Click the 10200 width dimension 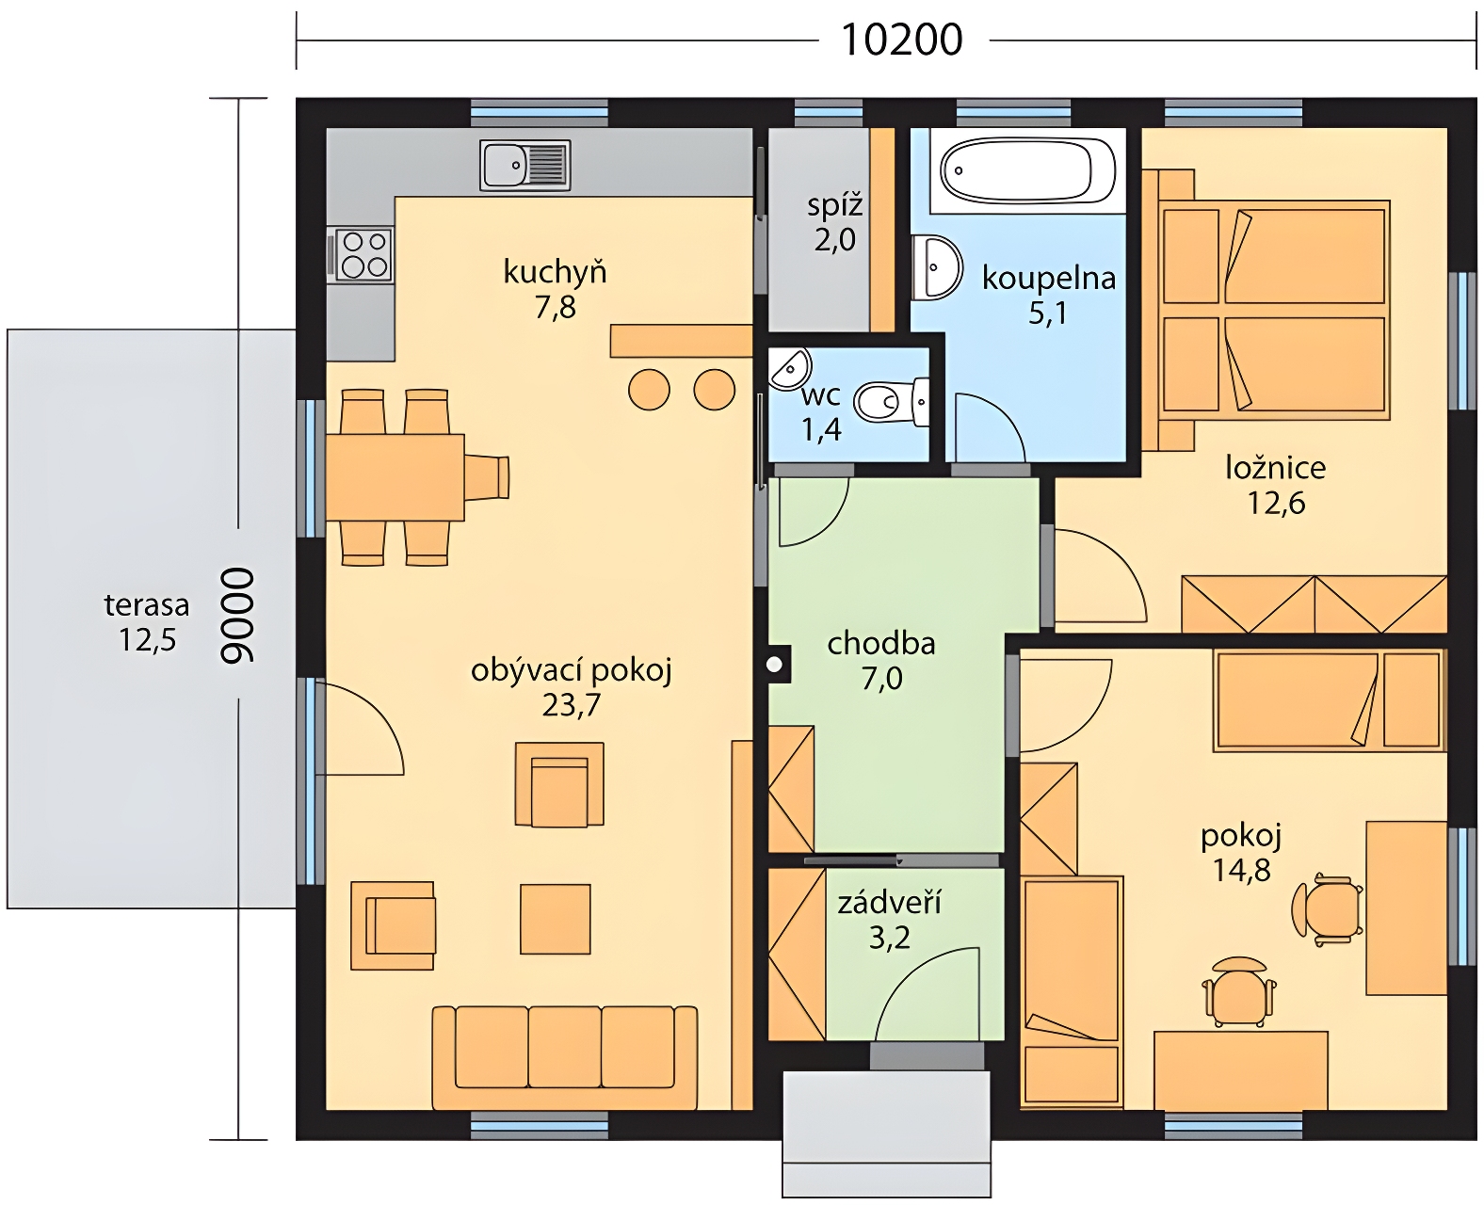pos(902,40)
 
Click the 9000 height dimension pos(237,615)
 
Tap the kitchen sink pos(524,165)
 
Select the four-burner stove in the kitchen pos(363,255)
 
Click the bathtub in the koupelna pos(1027,170)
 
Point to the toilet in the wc pos(891,402)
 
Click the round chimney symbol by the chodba pos(774,665)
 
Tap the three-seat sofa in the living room pos(564,1057)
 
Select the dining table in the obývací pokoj pos(395,477)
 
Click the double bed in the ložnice pos(1274,310)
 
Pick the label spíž pos(834,205)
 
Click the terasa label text pos(146,604)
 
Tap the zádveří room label pos(889,904)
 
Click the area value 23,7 pos(571,706)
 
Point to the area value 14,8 pos(1242,869)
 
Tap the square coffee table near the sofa pos(556,919)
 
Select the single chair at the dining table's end pos(487,477)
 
